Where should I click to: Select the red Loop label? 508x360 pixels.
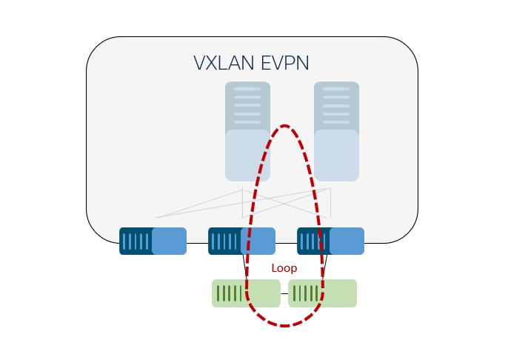point(284,268)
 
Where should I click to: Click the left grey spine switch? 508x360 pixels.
point(247,131)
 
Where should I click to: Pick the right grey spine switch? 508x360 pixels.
point(336,131)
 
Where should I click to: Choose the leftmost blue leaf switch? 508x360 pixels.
point(153,241)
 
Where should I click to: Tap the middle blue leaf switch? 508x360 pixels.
point(241,241)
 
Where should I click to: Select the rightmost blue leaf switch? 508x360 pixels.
point(330,241)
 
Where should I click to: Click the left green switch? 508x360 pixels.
point(246,293)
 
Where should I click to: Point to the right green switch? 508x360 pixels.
point(322,293)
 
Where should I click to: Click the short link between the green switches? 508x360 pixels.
point(284,293)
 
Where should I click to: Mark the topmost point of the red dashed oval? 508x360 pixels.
point(284,126)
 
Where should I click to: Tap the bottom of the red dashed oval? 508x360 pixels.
point(284,325)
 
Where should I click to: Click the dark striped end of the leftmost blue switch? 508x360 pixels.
point(136,241)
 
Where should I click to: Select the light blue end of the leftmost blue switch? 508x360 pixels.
point(170,241)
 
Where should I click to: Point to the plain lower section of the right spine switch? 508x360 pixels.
point(336,156)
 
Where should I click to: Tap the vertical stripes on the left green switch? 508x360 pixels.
point(230,293)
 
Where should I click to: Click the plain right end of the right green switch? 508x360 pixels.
point(341,293)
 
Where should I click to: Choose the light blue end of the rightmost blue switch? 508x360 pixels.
point(347,241)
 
